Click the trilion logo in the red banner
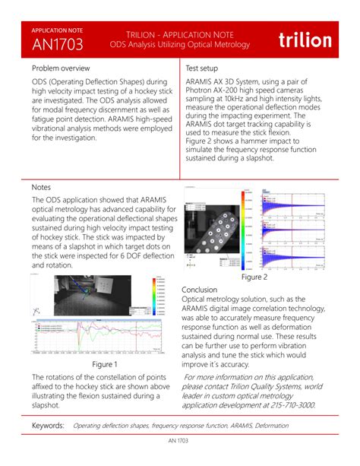(x=305, y=40)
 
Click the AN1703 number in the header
(x=57, y=44)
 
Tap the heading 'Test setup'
(x=203, y=68)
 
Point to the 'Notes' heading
(x=41, y=186)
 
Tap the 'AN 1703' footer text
(x=180, y=441)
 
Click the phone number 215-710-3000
(x=288, y=405)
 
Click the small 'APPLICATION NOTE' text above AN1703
(x=58, y=30)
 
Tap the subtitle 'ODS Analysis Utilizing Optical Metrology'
(x=179, y=45)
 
